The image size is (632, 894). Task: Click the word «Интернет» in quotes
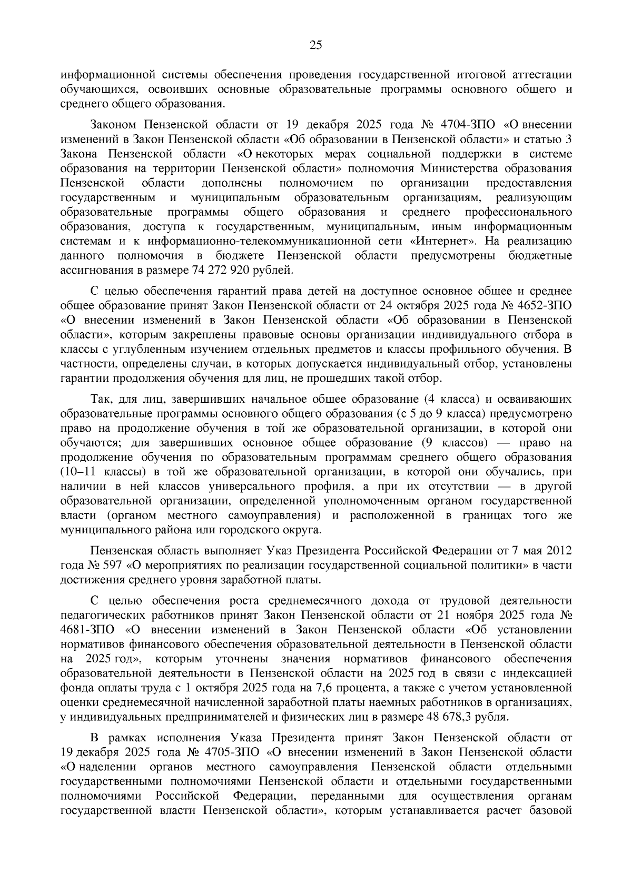point(439,242)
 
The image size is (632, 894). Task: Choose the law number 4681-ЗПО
point(80,630)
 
